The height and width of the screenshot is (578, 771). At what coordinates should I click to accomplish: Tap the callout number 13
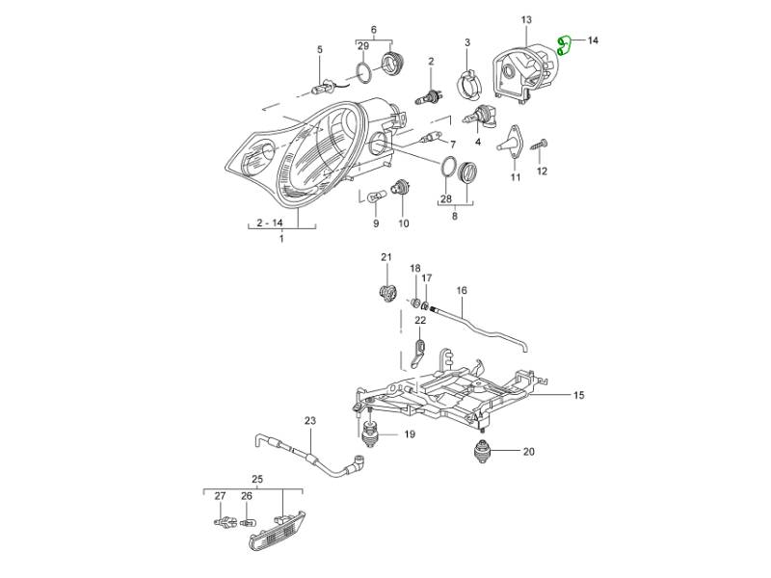click(526, 19)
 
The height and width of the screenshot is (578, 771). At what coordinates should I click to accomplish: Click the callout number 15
click(579, 395)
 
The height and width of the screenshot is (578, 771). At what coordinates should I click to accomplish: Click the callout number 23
click(309, 420)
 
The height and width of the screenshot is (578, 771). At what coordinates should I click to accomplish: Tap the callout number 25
click(257, 478)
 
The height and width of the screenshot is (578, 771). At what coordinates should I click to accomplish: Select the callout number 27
click(219, 496)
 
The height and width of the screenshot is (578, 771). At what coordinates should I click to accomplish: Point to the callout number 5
click(320, 49)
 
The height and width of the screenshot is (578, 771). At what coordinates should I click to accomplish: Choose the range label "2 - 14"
click(270, 223)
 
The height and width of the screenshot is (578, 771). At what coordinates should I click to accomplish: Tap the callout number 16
click(462, 290)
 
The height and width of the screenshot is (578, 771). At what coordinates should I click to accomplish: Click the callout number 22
click(420, 320)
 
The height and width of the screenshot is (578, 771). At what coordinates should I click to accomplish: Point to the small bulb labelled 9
click(375, 197)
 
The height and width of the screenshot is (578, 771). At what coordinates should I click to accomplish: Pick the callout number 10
click(403, 223)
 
